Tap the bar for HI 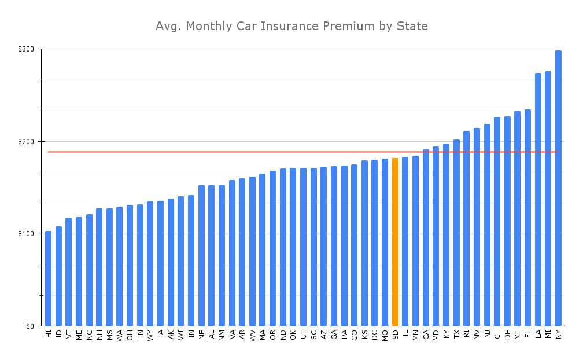pyautogui.click(x=49, y=278)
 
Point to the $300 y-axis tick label pyautogui.click(x=27, y=49)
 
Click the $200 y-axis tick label pyautogui.click(x=27, y=142)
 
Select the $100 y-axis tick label pyautogui.click(x=27, y=234)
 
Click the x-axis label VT pyautogui.click(x=69, y=334)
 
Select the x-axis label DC pyautogui.click(x=375, y=335)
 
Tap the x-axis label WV pyautogui.click(x=252, y=335)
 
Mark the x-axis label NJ pyautogui.click(x=487, y=334)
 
